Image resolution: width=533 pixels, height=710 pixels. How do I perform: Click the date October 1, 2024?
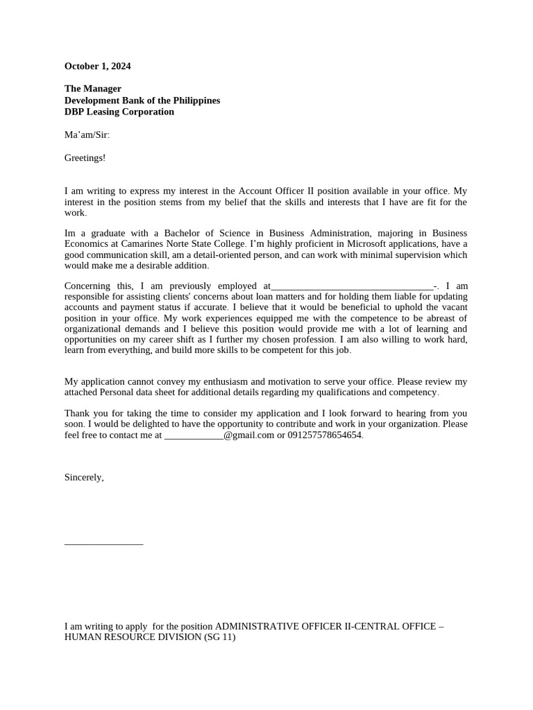[97, 67]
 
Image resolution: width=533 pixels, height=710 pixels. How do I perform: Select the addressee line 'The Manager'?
[92, 89]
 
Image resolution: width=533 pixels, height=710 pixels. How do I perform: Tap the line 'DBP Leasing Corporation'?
[119, 112]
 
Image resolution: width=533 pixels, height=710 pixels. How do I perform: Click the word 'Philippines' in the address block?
[196, 101]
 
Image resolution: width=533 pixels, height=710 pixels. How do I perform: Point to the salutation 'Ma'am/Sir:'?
[87, 135]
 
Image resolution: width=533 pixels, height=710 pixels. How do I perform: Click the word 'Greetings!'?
[85, 158]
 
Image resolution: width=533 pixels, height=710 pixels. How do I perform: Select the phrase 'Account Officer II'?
[276, 191]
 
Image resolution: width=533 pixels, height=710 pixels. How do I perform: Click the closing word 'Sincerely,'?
[84, 477]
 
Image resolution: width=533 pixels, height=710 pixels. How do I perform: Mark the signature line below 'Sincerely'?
[103, 544]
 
